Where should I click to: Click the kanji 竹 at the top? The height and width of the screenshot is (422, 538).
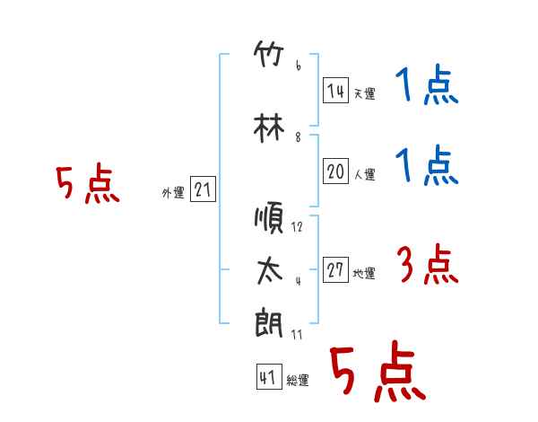[x=269, y=54]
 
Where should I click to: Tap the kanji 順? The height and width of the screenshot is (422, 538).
[x=269, y=218]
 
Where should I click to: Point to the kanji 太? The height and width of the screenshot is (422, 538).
[x=270, y=271]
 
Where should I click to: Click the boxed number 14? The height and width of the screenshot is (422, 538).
[x=335, y=91]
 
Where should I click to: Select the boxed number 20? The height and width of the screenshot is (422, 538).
[x=335, y=171]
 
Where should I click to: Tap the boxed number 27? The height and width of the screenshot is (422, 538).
[x=335, y=269]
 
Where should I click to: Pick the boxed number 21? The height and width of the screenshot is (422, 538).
[x=203, y=189]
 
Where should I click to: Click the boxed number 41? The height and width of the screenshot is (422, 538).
[x=269, y=376]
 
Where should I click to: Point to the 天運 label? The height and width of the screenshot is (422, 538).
[x=365, y=93]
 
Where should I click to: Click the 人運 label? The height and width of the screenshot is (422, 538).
[x=365, y=174]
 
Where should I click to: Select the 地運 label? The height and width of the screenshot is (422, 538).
[x=364, y=273]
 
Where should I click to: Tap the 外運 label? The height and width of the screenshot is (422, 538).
[x=173, y=193]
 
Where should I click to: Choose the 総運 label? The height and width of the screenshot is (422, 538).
[x=298, y=380]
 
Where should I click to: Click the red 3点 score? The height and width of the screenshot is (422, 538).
[x=427, y=264]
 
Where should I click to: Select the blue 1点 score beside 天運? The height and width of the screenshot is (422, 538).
[x=427, y=84]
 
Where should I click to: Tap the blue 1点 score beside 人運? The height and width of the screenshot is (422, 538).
[x=427, y=165]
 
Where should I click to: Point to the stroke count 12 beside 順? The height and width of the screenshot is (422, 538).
[x=297, y=227]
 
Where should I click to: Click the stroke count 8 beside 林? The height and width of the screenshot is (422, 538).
[x=298, y=137]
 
